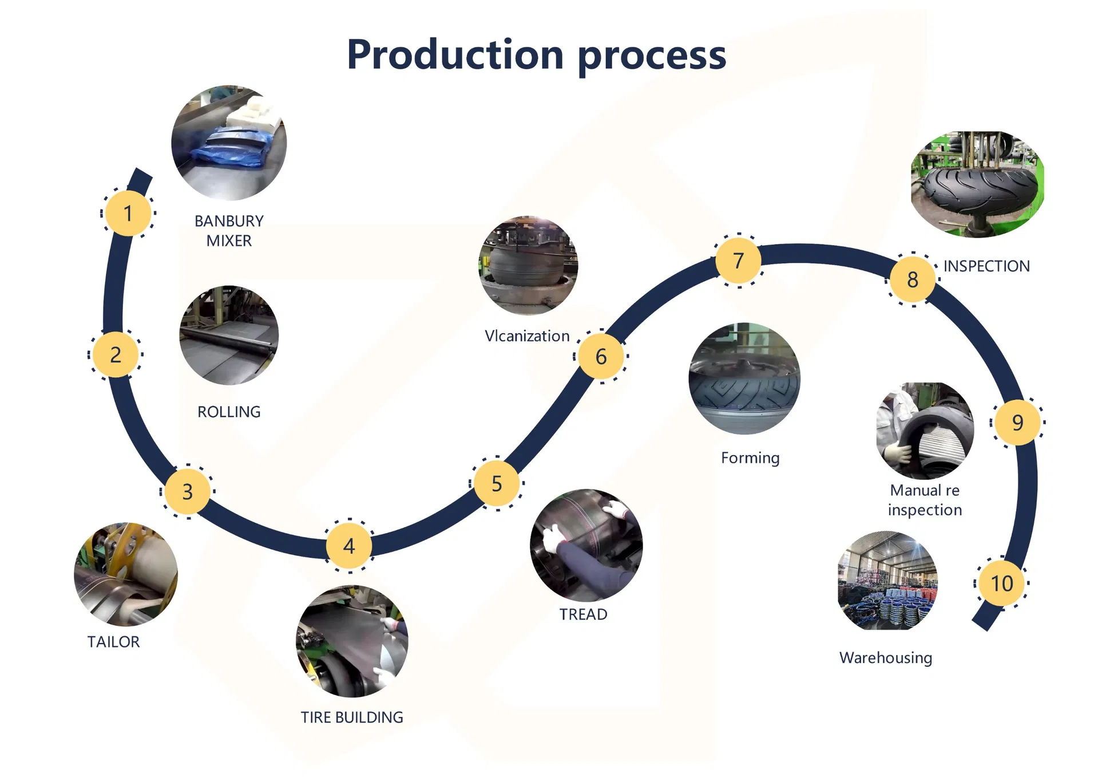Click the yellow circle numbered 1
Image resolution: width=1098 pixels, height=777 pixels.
[128, 213]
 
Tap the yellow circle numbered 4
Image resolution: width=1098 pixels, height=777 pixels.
[349, 546]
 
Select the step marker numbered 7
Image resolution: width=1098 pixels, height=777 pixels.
[739, 261]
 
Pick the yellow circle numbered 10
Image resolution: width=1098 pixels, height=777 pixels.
[1002, 583]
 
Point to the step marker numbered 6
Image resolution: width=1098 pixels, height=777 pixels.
[601, 356]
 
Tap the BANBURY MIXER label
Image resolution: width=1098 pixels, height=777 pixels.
[229, 230]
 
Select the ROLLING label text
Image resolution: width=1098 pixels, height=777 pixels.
[229, 412]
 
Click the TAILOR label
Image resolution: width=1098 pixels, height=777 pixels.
[113, 642]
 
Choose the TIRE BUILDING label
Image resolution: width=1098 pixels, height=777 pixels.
[352, 717]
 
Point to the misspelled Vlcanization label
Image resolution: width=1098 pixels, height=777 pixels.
[527, 336]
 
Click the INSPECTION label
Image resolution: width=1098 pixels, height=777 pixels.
[986, 266]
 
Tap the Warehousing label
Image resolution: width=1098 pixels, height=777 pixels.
[886, 658]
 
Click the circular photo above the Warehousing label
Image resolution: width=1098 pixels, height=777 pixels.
[887, 581]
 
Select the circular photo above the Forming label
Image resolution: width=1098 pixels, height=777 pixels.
[744, 378]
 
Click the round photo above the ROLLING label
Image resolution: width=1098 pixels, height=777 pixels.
[229, 336]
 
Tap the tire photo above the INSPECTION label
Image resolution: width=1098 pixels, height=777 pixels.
[977, 184]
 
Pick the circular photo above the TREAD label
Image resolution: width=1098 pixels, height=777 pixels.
[586, 545]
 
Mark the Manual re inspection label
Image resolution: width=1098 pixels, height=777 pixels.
[925, 500]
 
